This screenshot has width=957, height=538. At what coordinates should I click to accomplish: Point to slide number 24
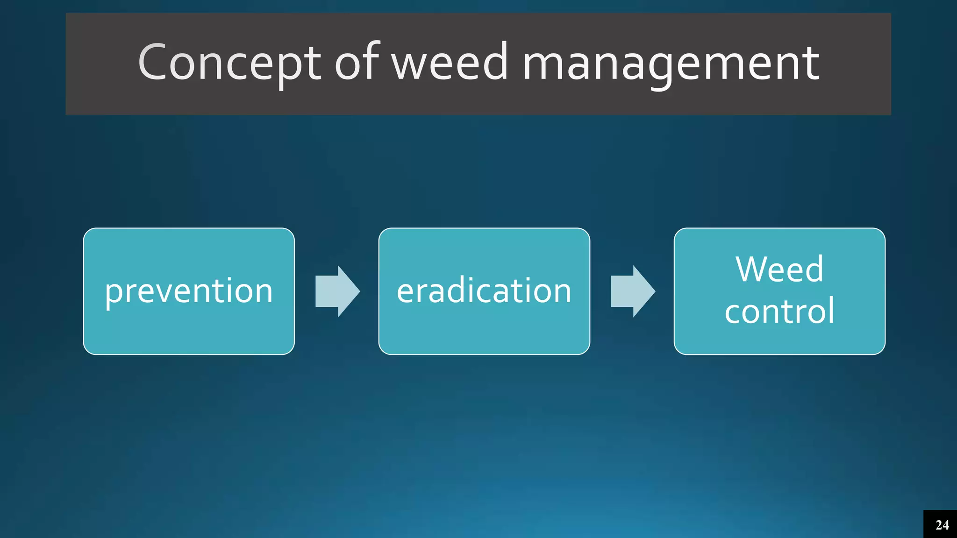(x=942, y=525)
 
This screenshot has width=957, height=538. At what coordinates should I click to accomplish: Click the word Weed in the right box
(x=779, y=269)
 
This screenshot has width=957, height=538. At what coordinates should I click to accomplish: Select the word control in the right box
(x=779, y=311)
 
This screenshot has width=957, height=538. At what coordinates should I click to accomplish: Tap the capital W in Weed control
(x=750, y=269)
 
